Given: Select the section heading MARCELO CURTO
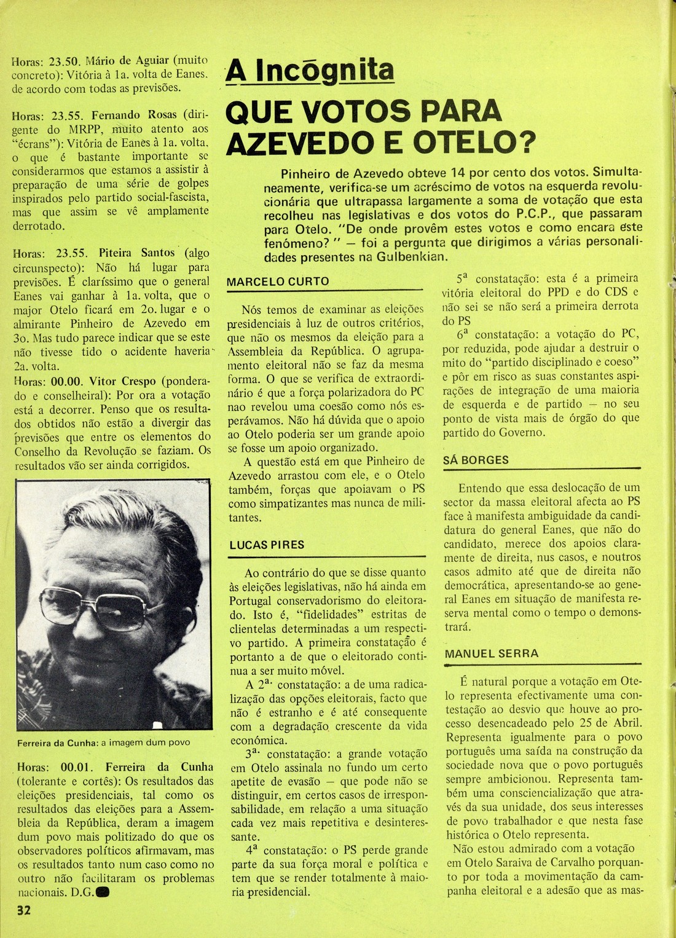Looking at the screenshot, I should pyautogui.click(x=278, y=282).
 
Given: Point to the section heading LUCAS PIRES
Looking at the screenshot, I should pyautogui.click(x=267, y=545).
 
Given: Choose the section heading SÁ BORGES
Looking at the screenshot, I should pyautogui.click(x=476, y=460).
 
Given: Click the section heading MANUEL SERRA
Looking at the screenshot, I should pyautogui.click(x=491, y=654).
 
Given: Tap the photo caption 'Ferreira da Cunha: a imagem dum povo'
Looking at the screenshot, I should pyautogui.click(x=104, y=742).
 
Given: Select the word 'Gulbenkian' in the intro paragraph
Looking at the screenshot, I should pyautogui.click(x=415, y=257).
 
